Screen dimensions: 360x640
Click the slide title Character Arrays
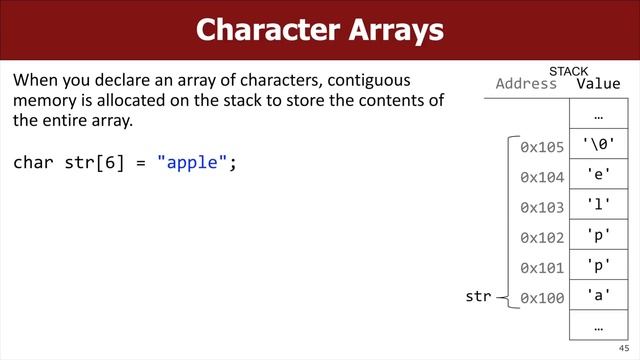click(x=320, y=29)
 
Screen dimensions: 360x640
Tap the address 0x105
click(x=542, y=147)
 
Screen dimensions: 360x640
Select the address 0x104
click(x=542, y=177)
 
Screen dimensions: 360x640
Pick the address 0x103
click(x=542, y=207)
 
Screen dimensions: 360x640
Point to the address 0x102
click(x=542, y=237)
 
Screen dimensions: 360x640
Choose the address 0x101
click(x=542, y=267)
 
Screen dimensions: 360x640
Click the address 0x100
click(x=542, y=297)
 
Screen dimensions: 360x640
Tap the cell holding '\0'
click(x=598, y=146)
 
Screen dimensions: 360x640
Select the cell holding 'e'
click(x=598, y=176)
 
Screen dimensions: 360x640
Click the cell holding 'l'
click(x=598, y=206)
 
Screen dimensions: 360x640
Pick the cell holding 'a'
click(x=598, y=296)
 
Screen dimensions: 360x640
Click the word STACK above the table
click(x=569, y=71)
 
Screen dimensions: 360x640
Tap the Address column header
click(x=526, y=84)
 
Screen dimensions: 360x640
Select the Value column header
click(x=598, y=84)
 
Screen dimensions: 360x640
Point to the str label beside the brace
click(x=480, y=297)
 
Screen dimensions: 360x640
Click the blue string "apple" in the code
click(x=192, y=162)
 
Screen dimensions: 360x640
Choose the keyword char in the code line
click(x=32, y=162)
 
